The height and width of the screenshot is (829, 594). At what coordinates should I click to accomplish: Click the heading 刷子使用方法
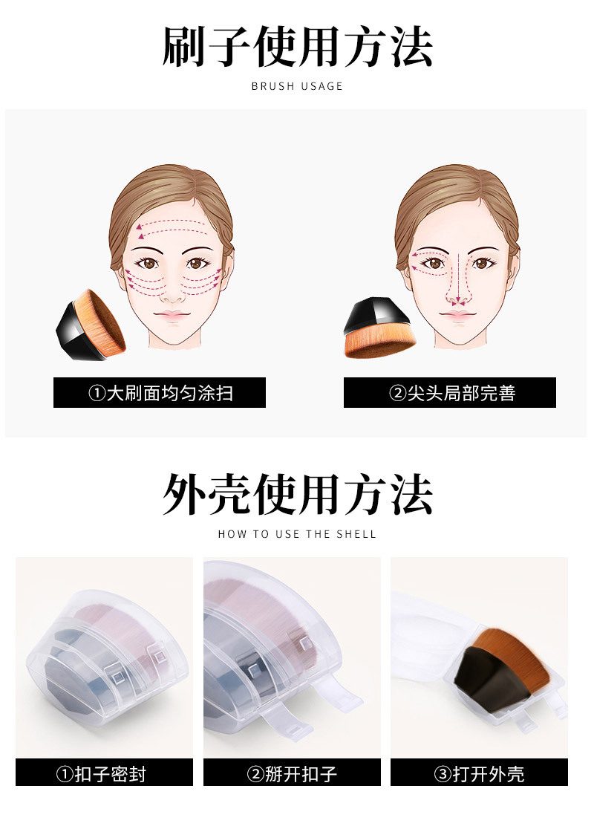(297, 46)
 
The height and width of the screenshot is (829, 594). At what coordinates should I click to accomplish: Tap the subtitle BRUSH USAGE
(297, 86)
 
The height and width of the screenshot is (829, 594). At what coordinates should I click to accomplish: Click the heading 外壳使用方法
(297, 494)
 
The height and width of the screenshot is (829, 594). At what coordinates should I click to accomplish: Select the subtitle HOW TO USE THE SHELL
(297, 534)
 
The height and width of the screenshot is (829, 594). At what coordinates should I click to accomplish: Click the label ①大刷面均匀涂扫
(160, 393)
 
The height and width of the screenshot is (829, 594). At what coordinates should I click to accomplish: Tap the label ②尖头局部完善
(450, 393)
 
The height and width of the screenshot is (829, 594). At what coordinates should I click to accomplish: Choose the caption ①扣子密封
(104, 773)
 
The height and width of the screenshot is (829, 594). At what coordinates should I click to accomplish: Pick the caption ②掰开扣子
(292, 773)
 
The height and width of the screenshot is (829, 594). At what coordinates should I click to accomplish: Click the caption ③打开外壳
(479, 773)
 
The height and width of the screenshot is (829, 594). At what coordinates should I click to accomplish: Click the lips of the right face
(457, 316)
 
